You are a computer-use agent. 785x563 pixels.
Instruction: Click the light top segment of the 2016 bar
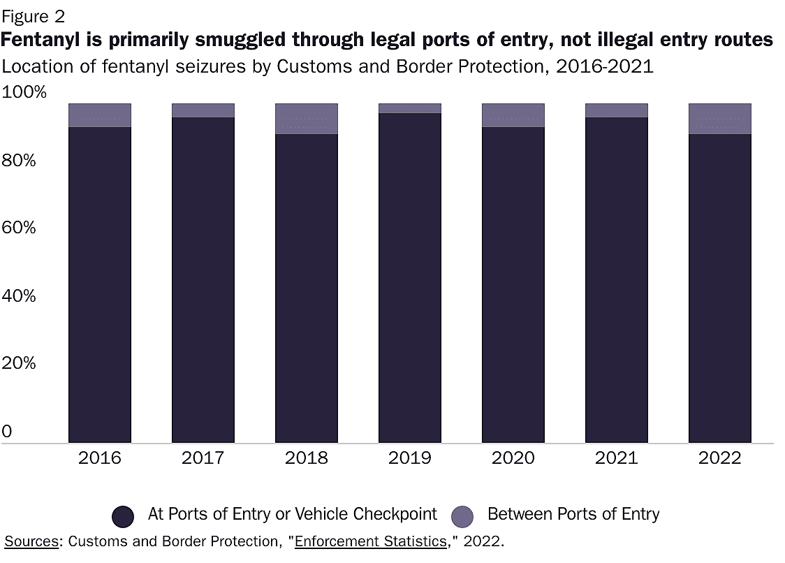pos(100,115)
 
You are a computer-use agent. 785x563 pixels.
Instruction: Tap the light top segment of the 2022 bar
pos(720,119)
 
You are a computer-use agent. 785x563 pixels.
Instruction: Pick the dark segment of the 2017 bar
pos(203,279)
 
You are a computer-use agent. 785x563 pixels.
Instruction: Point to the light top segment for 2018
pos(307,119)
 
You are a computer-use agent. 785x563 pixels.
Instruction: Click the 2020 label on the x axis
pos(513,458)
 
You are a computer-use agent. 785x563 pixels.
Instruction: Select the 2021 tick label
pos(617,458)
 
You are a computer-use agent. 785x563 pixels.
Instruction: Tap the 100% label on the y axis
pos(24,92)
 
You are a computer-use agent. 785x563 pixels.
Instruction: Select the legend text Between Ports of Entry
pos(573,515)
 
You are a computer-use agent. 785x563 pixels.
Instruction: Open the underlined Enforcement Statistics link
pos(371,541)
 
